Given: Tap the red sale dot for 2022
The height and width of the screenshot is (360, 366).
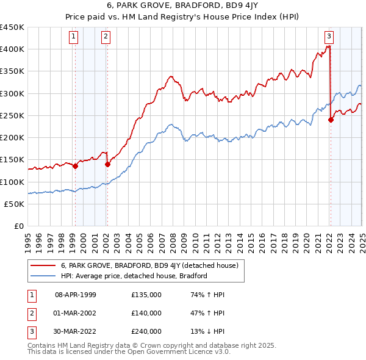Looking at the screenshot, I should tap(331, 120).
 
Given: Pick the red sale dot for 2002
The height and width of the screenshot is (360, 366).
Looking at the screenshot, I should tap(107, 164).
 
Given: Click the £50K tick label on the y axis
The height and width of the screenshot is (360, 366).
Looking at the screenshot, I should tap(15, 204).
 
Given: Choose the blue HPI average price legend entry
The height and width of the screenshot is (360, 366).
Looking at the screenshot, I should tap(134, 276).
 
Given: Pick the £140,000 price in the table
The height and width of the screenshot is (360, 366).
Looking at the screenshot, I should tap(146, 313).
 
